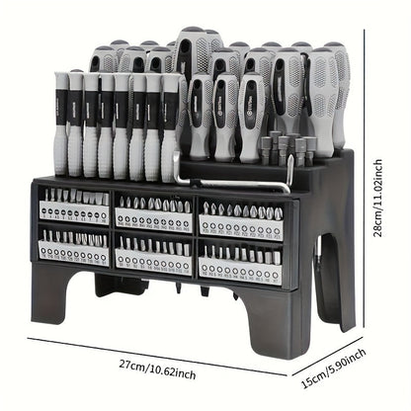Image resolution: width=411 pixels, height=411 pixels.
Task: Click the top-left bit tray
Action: point(73,205)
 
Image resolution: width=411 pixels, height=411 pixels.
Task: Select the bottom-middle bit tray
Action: point(153,255)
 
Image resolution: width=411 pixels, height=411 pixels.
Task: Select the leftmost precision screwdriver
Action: point(60,123)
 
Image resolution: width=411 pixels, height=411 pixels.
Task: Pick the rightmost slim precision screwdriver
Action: point(169,123)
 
